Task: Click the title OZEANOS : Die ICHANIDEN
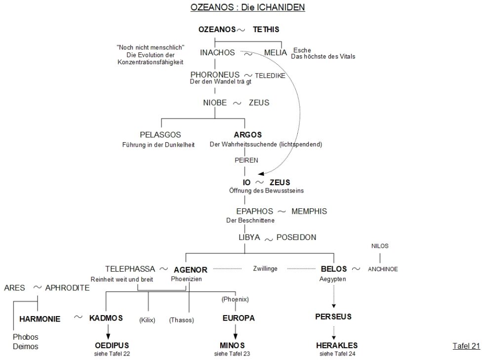pos(247,8)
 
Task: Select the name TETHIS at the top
pos(266,30)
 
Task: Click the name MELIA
pos(275,52)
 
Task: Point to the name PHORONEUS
pos(215,75)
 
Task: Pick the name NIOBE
pos(214,103)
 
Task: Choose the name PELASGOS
pos(161,134)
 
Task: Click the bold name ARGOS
pos(247,134)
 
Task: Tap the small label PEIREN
pos(246,160)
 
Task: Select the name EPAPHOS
pos(255,211)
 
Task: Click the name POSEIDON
pos(296,238)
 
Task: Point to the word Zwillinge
pos(266,269)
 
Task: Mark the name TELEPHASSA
pos(130,269)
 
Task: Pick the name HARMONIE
pos(40,319)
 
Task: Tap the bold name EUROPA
pos(239,318)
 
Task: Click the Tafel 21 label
pos(466,346)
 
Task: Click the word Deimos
pos(26,346)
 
